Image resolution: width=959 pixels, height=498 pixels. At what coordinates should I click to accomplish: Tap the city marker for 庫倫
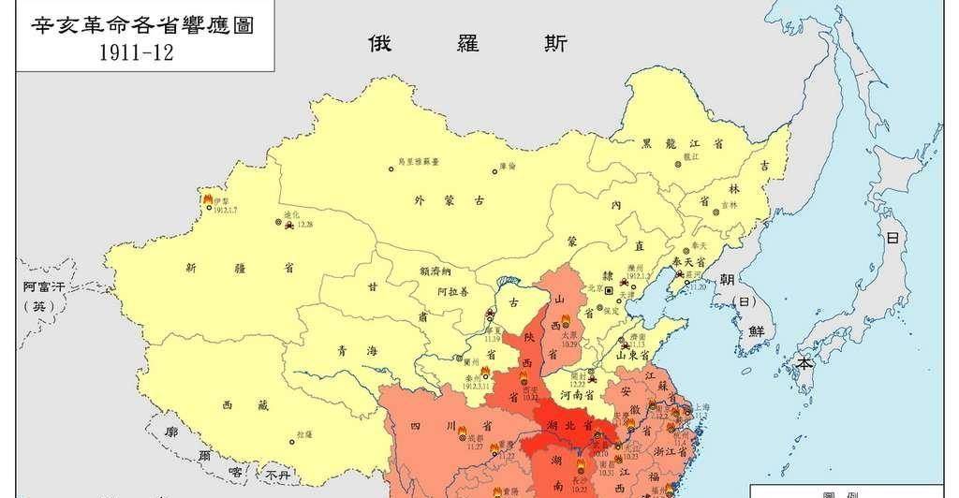(494, 170)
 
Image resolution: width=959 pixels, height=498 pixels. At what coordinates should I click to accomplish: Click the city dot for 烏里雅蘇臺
(391, 169)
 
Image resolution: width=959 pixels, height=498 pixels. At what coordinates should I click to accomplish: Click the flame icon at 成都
(462, 437)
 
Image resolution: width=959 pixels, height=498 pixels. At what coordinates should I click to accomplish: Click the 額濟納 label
(438, 270)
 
